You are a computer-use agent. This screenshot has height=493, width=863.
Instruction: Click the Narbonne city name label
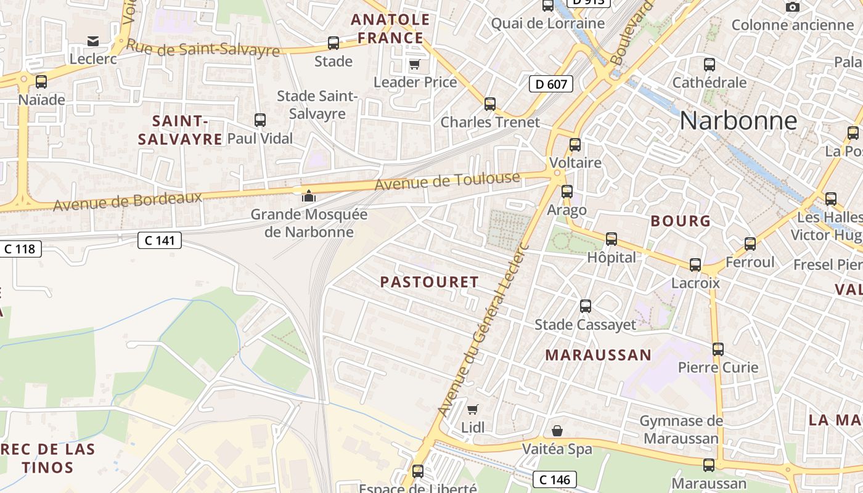pyautogui.click(x=738, y=121)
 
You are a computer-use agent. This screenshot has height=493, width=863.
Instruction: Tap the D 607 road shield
pyautogui.click(x=551, y=84)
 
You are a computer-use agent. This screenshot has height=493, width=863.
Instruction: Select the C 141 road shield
pyautogui.click(x=159, y=240)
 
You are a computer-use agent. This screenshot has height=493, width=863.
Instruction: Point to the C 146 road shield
pyautogui.click(x=555, y=479)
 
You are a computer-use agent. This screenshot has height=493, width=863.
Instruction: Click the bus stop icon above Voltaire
pyautogui.click(x=575, y=145)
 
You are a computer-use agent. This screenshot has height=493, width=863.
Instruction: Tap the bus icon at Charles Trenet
pyautogui.click(x=490, y=104)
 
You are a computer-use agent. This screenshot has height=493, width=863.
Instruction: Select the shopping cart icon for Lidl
pyautogui.click(x=473, y=409)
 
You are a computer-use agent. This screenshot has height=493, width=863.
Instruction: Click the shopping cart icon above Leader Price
pyautogui.click(x=415, y=64)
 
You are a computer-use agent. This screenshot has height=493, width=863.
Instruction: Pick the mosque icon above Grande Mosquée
pyautogui.click(x=308, y=196)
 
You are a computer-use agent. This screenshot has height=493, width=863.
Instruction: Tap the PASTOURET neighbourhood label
pyautogui.click(x=429, y=282)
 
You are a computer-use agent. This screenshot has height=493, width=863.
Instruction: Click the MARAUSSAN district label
pyautogui.click(x=598, y=355)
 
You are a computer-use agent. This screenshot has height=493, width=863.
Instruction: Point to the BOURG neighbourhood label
pyautogui.click(x=681, y=221)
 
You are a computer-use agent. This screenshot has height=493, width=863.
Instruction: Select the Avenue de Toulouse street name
pyautogui.click(x=448, y=181)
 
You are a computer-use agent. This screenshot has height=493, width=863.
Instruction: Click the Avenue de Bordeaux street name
pyautogui.click(x=128, y=200)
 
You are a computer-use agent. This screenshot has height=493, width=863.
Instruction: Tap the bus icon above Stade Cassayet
pyautogui.click(x=586, y=306)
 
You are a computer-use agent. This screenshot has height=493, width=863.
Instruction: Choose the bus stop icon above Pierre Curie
pyautogui.click(x=718, y=349)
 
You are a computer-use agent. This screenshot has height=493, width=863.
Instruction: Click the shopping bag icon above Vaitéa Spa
pyautogui.click(x=557, y=430)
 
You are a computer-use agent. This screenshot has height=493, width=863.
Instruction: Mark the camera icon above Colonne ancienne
pyautogui.click(x=793, y=7)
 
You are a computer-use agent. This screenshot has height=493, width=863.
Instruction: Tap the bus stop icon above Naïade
pyautogui.click(x=41, y=81)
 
